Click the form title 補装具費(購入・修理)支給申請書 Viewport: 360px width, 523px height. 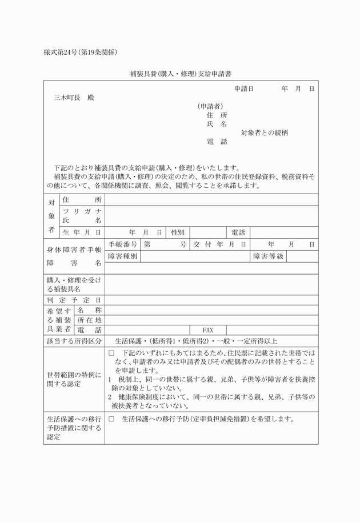pyautogui.click(x=180, y=74)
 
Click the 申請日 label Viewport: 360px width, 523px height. pyautogui.click(x=243, y=89)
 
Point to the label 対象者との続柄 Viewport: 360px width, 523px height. pyautogui.click(x=264, y=132)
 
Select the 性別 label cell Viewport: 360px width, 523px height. pyautogui.click(x=177, y=232)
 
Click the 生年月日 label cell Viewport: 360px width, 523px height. pyautogui.click(x=82, y=232)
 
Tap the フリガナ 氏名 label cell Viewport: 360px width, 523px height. pyautogui.click(x=82, y=216)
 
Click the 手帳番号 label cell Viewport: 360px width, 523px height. pyautogui.click(x=122, y=244)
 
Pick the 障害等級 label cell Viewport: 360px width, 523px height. pyautogui.click(x=268, y=256)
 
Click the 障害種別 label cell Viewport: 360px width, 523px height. pyautogui.click(x=122, y=256)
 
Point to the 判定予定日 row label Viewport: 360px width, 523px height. pyautogui.click(x=74, y=300)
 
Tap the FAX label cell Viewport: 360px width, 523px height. pyautogui.click(x=207, y=330)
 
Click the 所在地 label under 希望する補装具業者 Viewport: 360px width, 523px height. pyautogui.click(x=89, y=320)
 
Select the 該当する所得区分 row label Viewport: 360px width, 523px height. pyautogui.click(x=74, y=341)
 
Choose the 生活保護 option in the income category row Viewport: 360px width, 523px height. pyautogui.click(x=130, y=341)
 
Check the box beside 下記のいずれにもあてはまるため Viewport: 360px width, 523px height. pyautogui.click(x=111, y=354)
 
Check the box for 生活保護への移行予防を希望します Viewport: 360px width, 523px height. pyautogui.click(x=111, y=419)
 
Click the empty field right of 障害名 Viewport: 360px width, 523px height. pyautogui.click(x=211, y=268)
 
